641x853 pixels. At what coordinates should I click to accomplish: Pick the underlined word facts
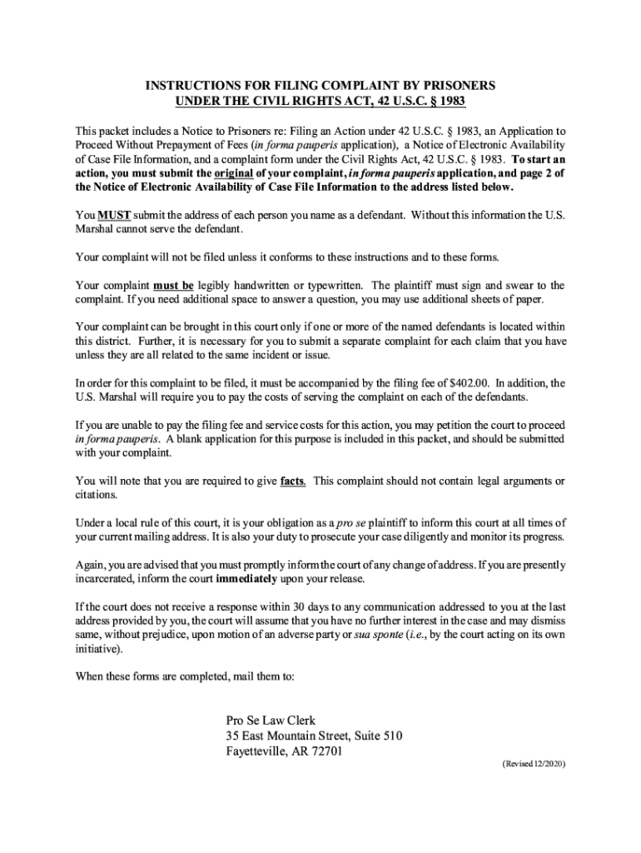[292, 481]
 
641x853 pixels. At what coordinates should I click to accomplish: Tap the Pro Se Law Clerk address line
[271, 721]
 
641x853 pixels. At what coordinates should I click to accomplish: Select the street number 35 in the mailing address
[232, 736]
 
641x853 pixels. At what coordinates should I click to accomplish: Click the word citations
[96, 495]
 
